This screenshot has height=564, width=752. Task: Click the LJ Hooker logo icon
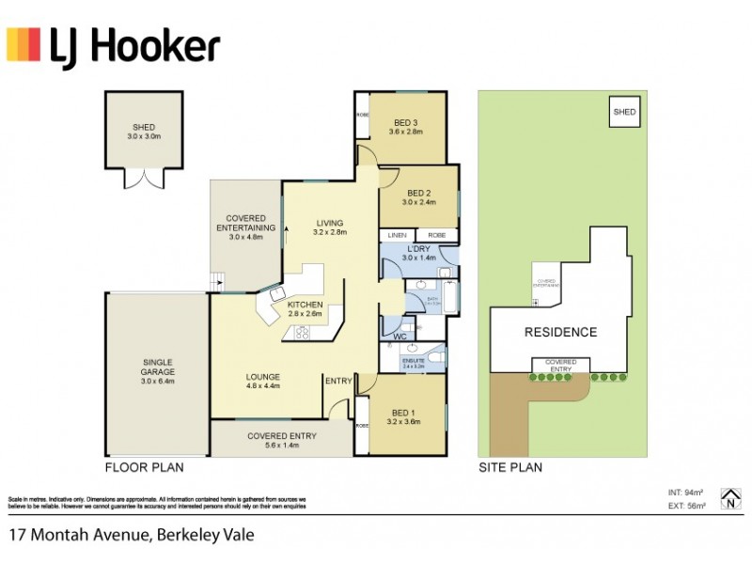pos(24,44)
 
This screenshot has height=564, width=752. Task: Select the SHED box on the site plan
pos(625,112)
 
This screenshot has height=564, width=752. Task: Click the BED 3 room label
pos(406,127)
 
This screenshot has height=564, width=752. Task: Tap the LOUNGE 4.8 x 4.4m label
pos(263,381)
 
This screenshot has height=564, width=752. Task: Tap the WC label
pos(398,334)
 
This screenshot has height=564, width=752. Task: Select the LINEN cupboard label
pos(398,235)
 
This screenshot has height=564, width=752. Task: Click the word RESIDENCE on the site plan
pos(560,332)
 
